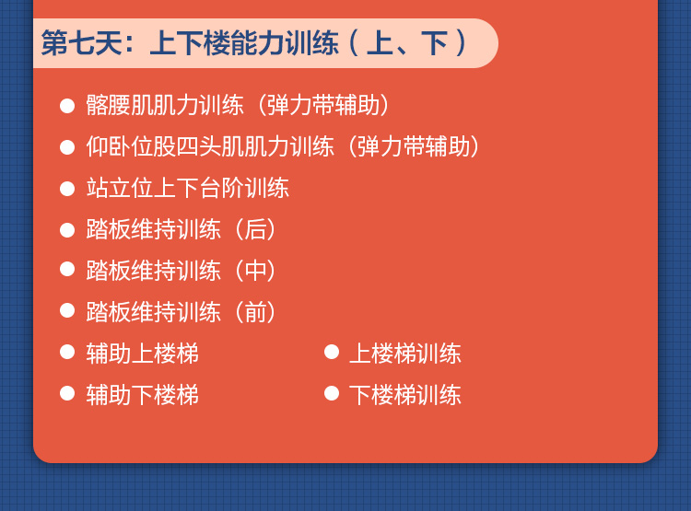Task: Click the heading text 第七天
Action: (81, 43)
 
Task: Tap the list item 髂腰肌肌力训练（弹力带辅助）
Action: (238, 105)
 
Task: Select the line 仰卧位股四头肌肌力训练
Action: (210, 146)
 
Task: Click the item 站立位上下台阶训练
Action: (188, 188)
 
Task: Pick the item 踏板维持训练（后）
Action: (182, 229)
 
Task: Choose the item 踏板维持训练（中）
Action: (182, 271)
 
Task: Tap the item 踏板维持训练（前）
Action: (182, 312)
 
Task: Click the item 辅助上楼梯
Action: (142, 354)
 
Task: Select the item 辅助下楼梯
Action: (142, 395)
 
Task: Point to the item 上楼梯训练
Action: (405, 354)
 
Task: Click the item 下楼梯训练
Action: (405, 395)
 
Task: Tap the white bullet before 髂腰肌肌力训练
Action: (67, 106)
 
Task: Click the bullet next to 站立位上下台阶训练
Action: (67, 189)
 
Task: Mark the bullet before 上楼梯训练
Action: (332, 352)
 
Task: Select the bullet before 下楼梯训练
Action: (332, 393)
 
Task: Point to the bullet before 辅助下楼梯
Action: (67, 393)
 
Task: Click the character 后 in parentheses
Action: (255, 229)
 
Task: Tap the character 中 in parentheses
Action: (255, 271)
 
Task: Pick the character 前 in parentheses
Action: (255, 312)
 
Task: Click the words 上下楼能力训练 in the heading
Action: (244, 43)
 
